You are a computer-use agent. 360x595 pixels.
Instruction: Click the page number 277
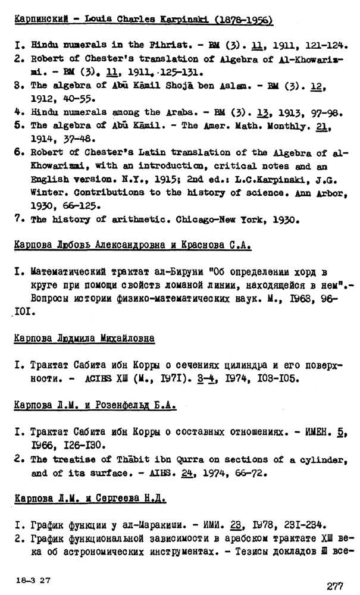[334, 586]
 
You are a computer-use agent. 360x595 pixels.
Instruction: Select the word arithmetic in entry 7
[137, 219]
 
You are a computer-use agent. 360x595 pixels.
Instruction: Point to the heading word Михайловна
[126, 338]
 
